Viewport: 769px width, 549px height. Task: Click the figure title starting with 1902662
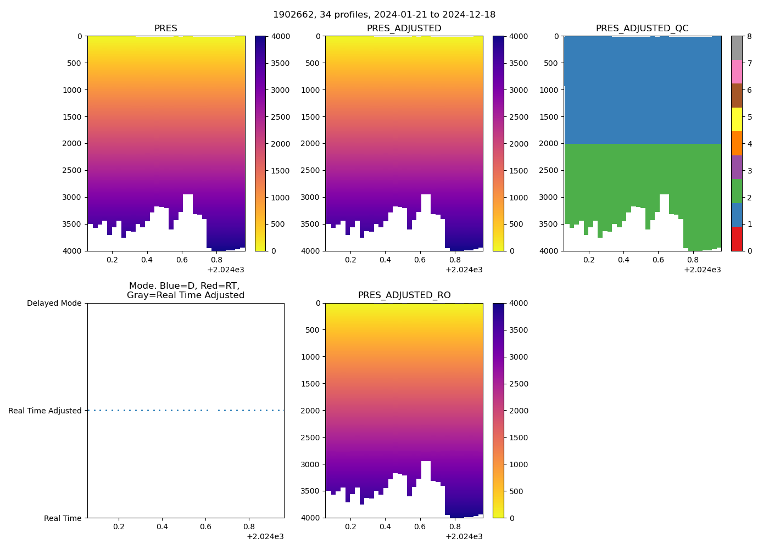(x=384, y=15)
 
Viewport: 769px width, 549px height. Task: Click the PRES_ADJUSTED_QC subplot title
(x=642, y=29)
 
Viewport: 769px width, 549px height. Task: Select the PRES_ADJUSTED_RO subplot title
(x=404, y=295)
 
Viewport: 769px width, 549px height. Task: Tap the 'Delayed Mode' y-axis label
(x=54, y=303)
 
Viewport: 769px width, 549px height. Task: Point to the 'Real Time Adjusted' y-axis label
(x=45, y=411)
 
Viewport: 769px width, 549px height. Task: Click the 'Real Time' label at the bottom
(x=63, y=518)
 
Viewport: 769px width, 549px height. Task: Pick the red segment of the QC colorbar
(x=737, y=239)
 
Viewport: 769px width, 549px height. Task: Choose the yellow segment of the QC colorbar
(x=737, y=119)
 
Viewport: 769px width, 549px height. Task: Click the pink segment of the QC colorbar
(x=737, y=71)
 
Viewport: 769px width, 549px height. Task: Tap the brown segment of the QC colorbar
(x=737, y=96)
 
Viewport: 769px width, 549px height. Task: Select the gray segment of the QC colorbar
(x=737, y=48)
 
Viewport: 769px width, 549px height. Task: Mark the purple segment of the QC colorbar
(x=737, y=167)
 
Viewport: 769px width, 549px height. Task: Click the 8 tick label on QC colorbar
(x=750, y=36)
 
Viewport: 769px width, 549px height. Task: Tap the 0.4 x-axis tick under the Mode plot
(x=162, y=526)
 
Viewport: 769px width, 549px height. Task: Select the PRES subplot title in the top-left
(x=165, y=29)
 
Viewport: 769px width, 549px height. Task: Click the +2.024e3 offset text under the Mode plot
(x=265, y=536)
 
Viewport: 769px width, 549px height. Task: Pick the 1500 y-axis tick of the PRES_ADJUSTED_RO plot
(x=311, y=384)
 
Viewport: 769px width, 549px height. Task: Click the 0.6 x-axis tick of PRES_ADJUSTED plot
(x=420, y=260)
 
